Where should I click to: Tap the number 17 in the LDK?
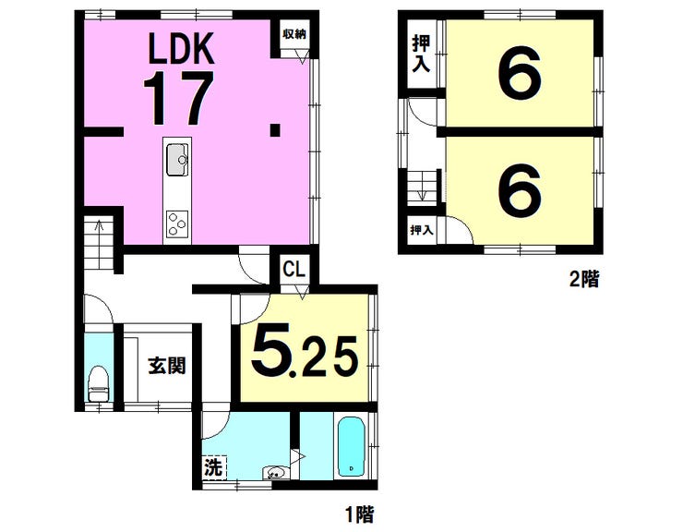pos(178,98)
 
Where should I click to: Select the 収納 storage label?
pos(294,34)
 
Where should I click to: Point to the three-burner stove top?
pos(177,224)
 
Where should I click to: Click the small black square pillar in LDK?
pos(275,130)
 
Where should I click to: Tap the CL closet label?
pos(294,269)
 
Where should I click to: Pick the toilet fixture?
pos(98,383)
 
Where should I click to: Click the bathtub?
pos(351,447)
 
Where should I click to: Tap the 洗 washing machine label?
pos(214,467)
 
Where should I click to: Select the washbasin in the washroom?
pos(275,472)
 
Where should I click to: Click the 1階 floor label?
pos(360,514)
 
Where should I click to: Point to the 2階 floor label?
pos(584,279)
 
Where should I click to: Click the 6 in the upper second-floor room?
pos(520,73)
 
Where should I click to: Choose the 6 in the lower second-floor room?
pos(520,189)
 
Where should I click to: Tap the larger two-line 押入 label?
pos(421,54)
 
